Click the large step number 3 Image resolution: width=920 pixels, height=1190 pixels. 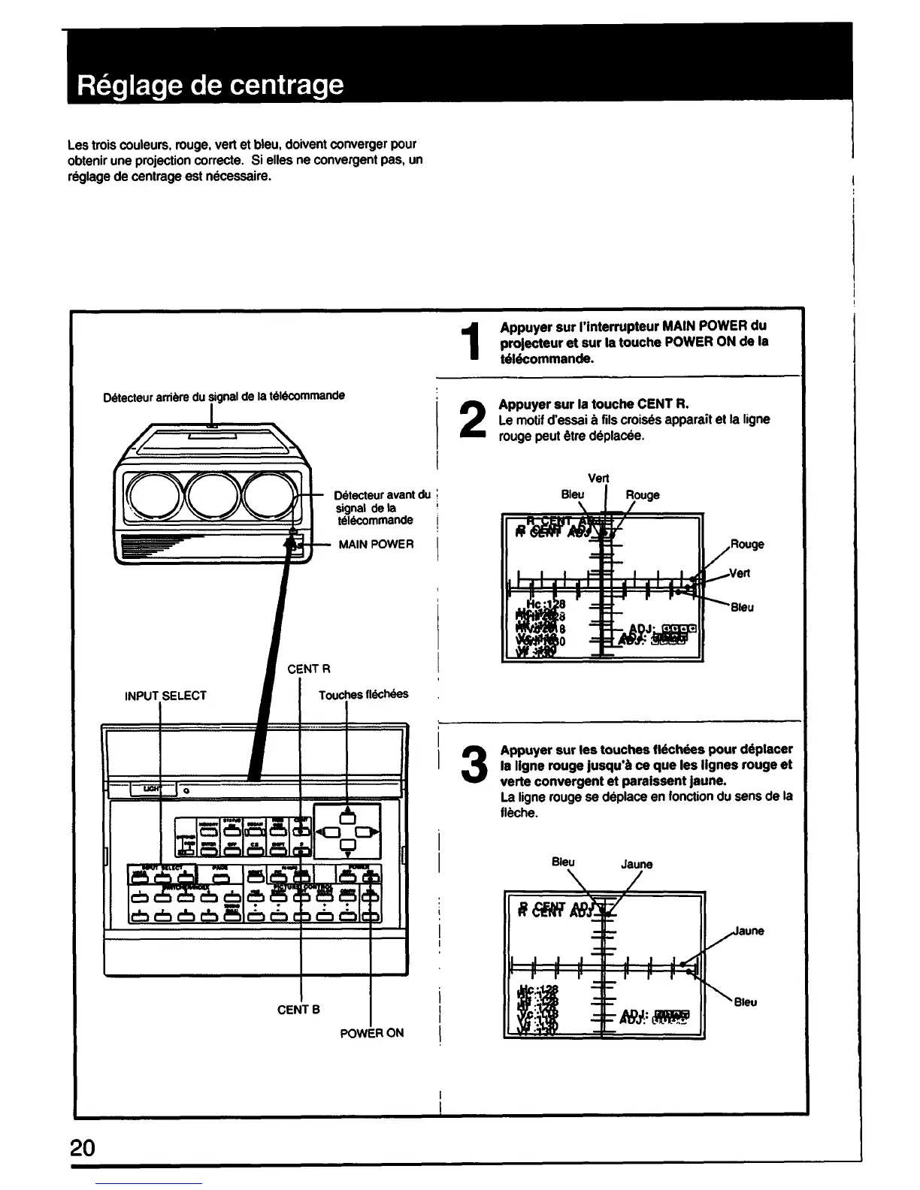(471, 765)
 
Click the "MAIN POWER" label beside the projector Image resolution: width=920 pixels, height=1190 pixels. (376, 544)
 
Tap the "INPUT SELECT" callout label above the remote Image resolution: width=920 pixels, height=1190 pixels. (165, 696)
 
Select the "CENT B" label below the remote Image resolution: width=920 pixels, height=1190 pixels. (298, 1009)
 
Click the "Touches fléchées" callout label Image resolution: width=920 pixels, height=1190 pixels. (363, 694)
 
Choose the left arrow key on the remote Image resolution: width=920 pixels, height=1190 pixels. (328, 832)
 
